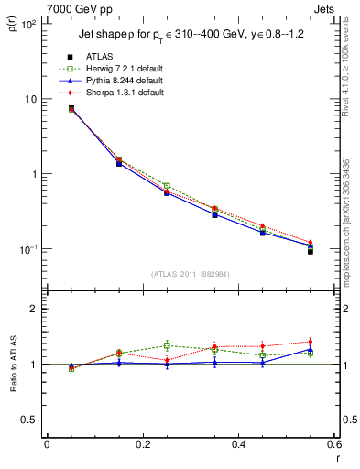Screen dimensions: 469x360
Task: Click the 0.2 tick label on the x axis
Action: [142, 444]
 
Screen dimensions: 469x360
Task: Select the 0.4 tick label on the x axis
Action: [237, 444]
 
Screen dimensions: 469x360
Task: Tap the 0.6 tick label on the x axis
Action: [333, 444]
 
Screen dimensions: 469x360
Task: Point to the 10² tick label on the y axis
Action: [28, 24]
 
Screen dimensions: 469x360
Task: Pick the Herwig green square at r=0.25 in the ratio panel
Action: [167, 345]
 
